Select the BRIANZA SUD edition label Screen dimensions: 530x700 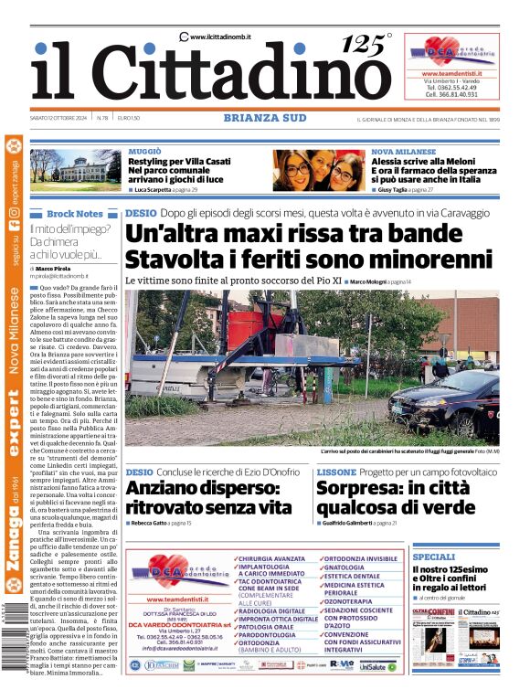point(264,118)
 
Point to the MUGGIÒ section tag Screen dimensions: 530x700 point(145,150)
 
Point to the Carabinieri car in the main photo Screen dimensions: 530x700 point(456,402)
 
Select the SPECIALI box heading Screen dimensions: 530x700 point(433,557)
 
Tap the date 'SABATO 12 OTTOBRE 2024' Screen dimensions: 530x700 point(61,118)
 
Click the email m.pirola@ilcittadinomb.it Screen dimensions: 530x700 point(68,274)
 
